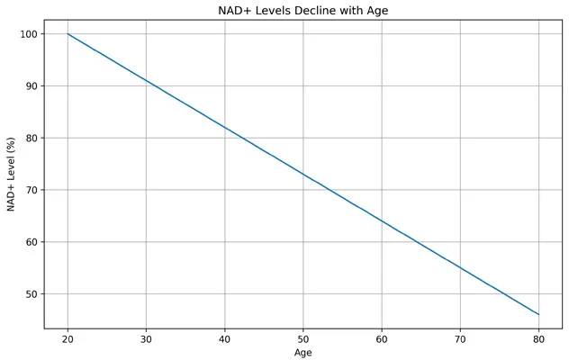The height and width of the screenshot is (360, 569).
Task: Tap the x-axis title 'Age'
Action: tap(303, 353)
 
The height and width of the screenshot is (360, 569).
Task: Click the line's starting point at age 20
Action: tap(68, 34)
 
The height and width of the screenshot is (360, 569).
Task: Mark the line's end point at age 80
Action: tap(538, 314)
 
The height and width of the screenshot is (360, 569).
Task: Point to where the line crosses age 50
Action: tap(303, 174)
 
